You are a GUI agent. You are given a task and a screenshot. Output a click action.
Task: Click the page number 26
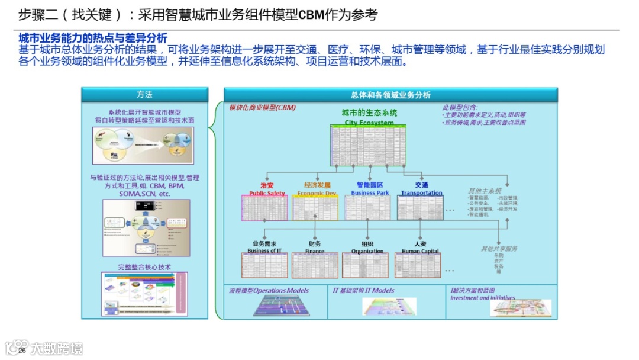(x=22, y=351)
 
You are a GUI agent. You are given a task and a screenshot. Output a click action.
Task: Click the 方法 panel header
(x=144, y=95)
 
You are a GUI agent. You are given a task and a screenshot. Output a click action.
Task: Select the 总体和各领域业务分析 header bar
(x=390, y=95)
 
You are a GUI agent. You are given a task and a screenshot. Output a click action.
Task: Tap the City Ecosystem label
(x=369, y=123)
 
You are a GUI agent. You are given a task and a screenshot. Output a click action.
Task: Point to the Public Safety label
(x=267, y=193)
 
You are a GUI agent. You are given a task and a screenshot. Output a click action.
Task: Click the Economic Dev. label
(x=317, y=193)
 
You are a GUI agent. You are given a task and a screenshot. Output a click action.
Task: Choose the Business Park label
(x=370, y=193)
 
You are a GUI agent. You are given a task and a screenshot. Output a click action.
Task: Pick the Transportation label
(x=421, y=193)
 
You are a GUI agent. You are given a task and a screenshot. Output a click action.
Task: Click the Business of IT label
(x=264, y=251)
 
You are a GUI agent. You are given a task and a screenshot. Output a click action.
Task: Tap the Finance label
(x=315, y=251)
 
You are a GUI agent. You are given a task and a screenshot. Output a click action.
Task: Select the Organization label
(x=367, y=251)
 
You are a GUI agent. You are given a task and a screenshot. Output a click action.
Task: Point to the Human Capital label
(x=420, y=251)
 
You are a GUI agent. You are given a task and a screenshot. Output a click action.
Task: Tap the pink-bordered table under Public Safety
(x=264, y=207)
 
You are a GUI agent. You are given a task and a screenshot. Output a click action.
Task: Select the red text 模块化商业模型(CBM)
(x=263, y=108)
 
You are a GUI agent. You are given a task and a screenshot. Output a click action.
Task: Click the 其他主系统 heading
(x=485, y=191)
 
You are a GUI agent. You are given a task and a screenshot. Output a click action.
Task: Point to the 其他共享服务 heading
(x=499, y=249)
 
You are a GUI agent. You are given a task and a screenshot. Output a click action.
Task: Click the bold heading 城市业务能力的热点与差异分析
(x=93, y=38)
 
